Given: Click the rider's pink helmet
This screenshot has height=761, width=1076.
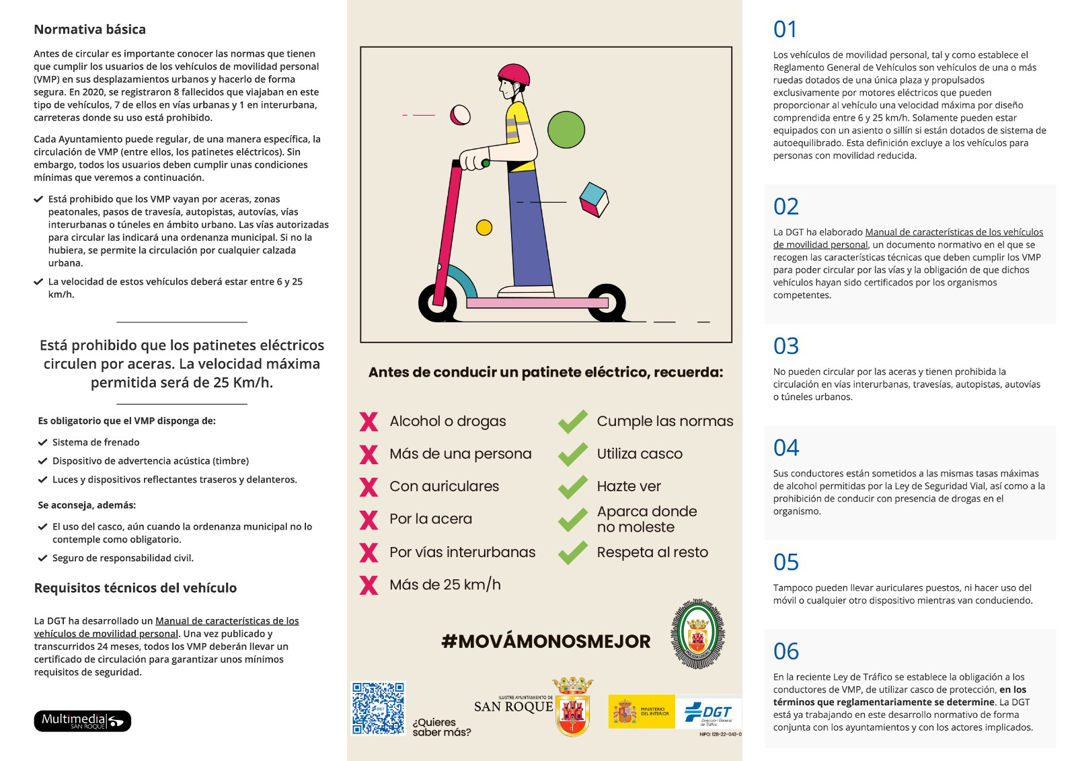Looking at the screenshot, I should coord(513,75).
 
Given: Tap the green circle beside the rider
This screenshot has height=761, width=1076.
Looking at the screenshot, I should coord(566,129).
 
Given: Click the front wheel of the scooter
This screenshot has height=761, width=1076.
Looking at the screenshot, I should coord(438,303).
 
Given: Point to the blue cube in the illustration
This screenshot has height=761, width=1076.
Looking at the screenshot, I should coord(594,200).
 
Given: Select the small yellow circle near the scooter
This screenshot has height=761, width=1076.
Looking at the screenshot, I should coord(484,227).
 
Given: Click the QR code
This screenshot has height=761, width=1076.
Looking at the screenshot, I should coord(379,709).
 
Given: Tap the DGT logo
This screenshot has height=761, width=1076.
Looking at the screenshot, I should coord(709,713).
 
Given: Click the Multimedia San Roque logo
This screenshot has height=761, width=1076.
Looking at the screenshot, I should coord(82,721).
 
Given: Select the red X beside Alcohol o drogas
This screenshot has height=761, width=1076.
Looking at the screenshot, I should coord(369,422).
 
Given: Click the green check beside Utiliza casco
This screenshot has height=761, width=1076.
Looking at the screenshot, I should coord(573,454).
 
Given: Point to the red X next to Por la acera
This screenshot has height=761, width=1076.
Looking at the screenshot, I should coord(369,519).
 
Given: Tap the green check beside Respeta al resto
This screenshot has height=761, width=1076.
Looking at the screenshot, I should coord(573,552).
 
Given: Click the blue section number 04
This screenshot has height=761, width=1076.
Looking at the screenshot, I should coord(786,448).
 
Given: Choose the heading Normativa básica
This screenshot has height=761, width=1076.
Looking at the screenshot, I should coord(89,30).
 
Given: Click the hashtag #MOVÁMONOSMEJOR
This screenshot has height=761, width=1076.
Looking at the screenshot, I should coord(545,641).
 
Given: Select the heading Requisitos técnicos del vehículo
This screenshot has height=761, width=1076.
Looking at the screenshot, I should coord(135,588).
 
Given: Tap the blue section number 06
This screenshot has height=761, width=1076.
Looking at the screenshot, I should coord(786,651).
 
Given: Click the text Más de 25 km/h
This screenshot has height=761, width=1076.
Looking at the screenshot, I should coord(445,585).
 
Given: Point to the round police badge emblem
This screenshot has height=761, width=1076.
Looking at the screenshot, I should coord(697,635).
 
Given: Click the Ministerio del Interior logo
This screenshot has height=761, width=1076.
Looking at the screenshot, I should coord(641,711).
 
